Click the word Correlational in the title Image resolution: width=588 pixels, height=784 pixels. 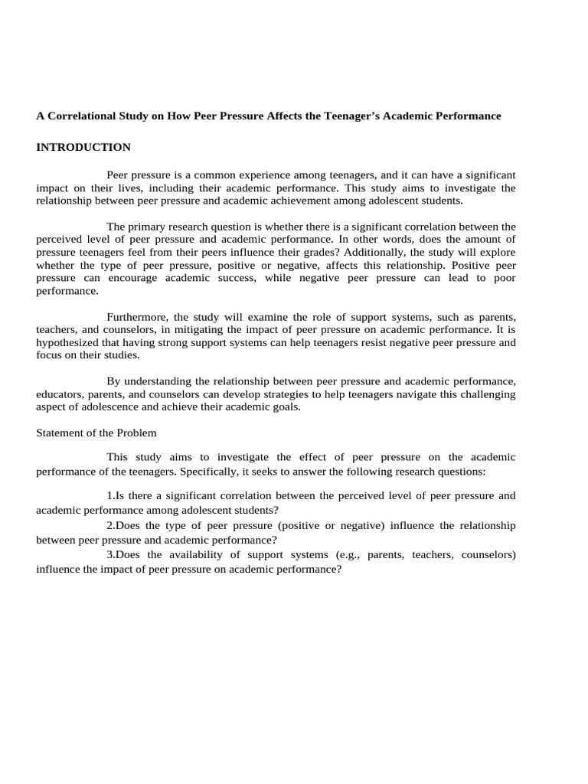coord(80,116)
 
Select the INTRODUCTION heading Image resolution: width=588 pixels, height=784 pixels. coord(83,147)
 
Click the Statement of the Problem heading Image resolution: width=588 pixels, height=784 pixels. coord(96,433)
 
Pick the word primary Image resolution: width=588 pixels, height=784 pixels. coord(145,227)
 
